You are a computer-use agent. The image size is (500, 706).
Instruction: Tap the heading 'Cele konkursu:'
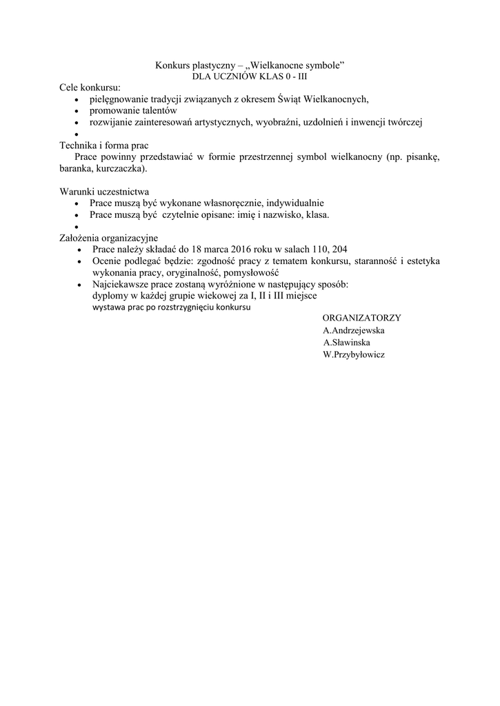click(x=90, y=88)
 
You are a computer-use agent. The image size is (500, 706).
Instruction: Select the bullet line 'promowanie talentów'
click(x=133, y=110)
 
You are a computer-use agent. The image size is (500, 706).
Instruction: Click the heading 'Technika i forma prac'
click(x=104, y=145)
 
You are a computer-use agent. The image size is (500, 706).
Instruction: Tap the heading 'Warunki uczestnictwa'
click(x=104, y=192)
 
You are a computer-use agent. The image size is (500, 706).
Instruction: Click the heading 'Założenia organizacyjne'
click(x=109, y=238)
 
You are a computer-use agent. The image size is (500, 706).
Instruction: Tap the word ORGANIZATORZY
click(x=361, y=318)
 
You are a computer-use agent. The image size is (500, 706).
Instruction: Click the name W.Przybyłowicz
click(x=354, y=354)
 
